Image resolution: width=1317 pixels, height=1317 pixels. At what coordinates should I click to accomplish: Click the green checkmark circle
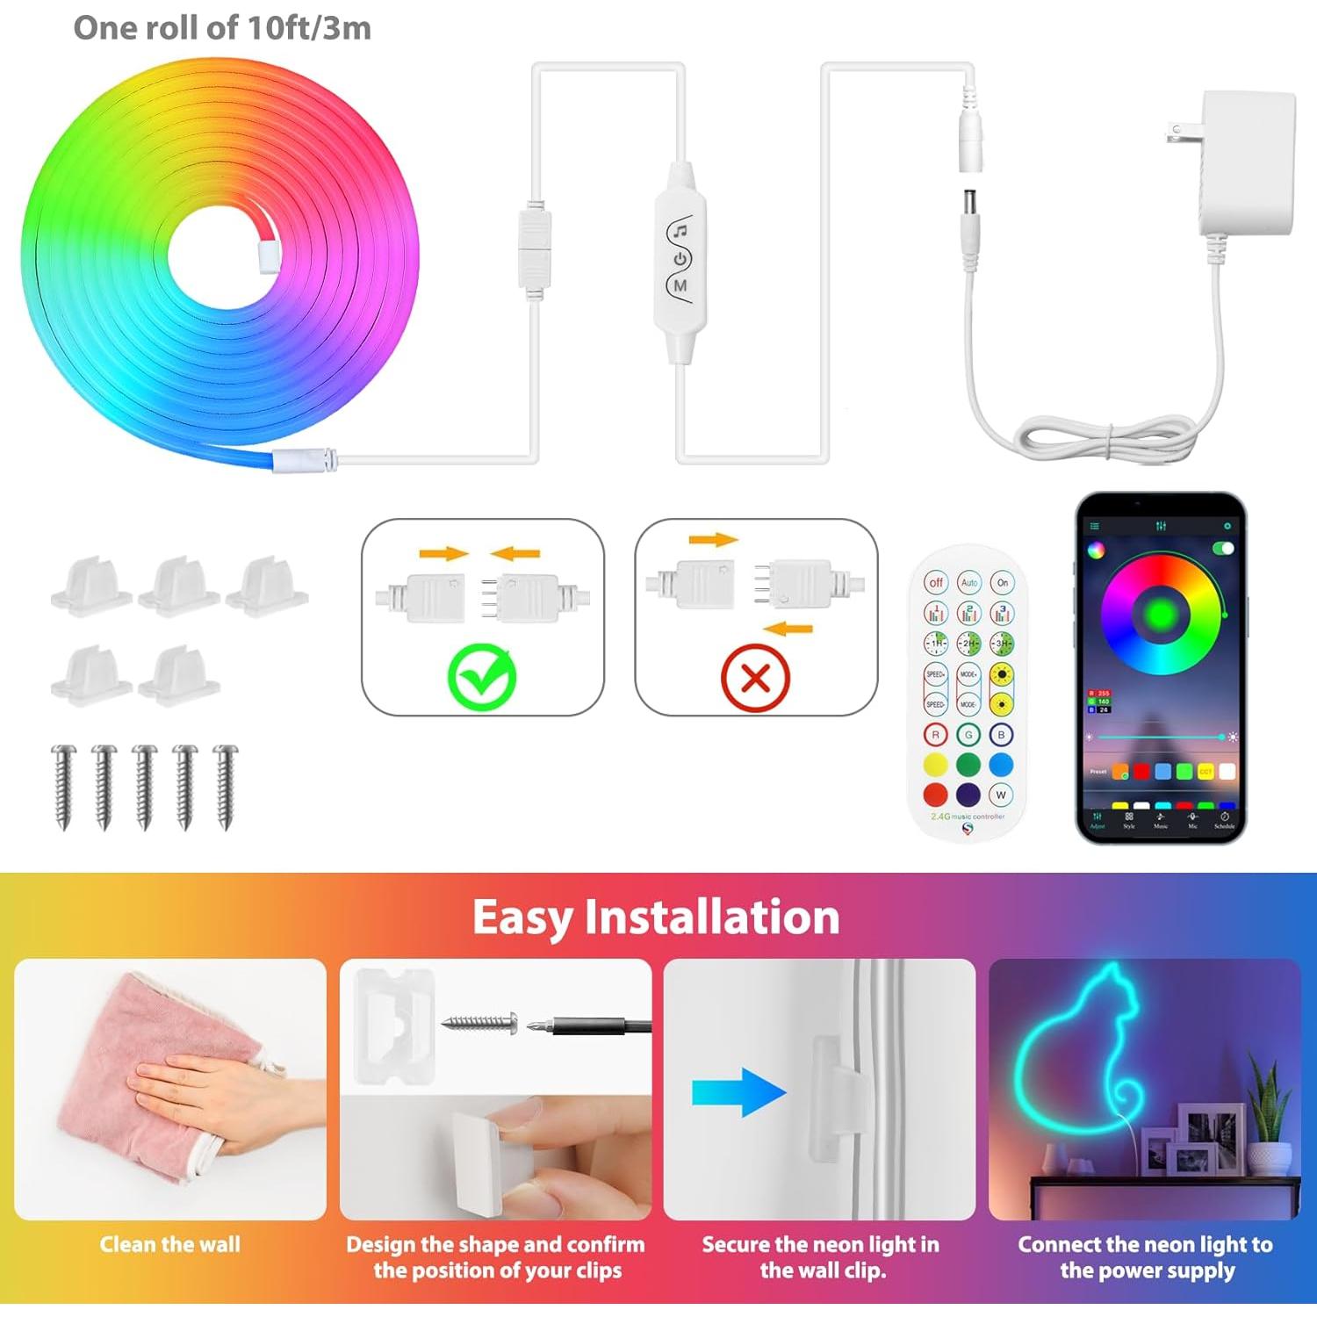pyautogui.click(x=482, y=678)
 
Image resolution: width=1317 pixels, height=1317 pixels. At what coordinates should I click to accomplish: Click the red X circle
pyautogui.click(x=755, y=678)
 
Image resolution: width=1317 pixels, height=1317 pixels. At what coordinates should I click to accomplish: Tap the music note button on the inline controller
pyautogui.click(x=680, y=232)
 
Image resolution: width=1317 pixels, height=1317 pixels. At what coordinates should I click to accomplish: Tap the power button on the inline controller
pyautogui.click(x=680, y=259)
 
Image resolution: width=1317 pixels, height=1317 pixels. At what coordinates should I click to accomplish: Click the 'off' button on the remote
pyautogui.click(x=936, y=582)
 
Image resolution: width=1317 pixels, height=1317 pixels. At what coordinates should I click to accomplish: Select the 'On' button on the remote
pyautogui.click(x=1002, y=582)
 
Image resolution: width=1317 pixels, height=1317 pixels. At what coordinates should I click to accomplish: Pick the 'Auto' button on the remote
pyautogui.click(x=968, y=582)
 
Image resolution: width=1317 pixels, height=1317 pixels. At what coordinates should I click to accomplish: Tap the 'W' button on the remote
pyautogui.click(x=1001, y=795)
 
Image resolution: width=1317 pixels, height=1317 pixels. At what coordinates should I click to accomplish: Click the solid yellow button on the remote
pyautogui.click(x=936, y=764)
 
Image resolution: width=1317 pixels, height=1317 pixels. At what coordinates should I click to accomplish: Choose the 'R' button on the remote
pyautogui.click(x=936, y=735)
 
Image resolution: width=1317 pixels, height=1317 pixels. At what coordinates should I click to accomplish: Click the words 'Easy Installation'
pyautogui.click(x=656, y=917)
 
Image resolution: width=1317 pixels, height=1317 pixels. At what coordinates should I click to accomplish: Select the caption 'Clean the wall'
pyautogui.click(x=169, y=1244)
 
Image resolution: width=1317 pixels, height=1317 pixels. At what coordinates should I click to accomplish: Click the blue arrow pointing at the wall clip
pyautogui.click(x=738, y=1092)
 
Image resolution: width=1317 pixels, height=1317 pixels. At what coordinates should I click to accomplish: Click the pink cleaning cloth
pyautogui.click(x=132, y=1080)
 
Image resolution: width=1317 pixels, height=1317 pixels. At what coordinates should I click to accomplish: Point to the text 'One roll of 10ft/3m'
pyautogui.click(x=222, y=28)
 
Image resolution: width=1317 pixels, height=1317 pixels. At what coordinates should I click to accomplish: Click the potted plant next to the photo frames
pyautogui.click(x=1269, y=1124)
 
